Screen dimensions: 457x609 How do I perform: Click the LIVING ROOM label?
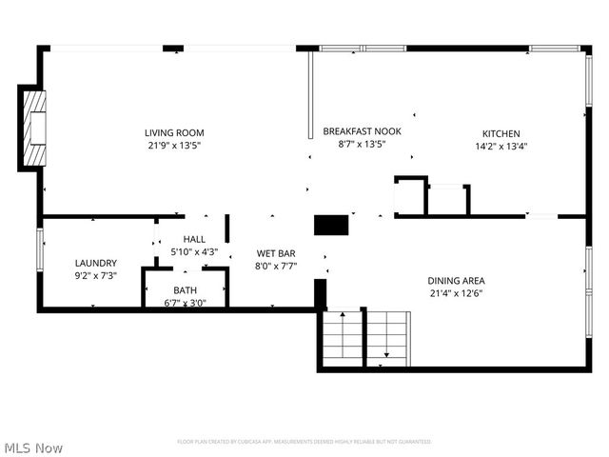(174, 132)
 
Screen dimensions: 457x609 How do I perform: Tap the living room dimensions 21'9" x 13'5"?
(174, 146)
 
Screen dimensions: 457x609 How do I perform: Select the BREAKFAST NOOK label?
(362, 131)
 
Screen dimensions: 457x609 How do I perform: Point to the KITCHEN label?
(501, 133)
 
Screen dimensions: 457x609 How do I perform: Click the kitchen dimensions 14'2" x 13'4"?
(501, 147)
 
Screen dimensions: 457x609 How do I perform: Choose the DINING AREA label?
(457, 280)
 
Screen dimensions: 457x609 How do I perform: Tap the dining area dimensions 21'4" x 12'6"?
(457, 293)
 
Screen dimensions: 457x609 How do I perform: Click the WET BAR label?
(277, 253)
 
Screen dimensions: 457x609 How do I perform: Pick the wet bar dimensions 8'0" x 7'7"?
(277, 267)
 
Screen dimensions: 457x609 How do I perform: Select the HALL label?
(194, 239)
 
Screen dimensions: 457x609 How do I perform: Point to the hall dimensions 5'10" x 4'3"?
(194, 252)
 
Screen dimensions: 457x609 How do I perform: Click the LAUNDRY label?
(96, 263)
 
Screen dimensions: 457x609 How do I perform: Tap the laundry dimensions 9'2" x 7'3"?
(96, 276)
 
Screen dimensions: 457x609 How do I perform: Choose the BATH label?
(186, 290)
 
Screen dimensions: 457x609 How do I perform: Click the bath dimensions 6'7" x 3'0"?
(186, 303)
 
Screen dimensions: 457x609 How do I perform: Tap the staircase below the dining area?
(366, 338)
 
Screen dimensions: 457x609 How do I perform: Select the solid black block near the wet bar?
(331, 225)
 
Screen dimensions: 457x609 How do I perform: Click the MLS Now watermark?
(33, 447)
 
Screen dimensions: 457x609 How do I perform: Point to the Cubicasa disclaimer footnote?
(304, 442)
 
